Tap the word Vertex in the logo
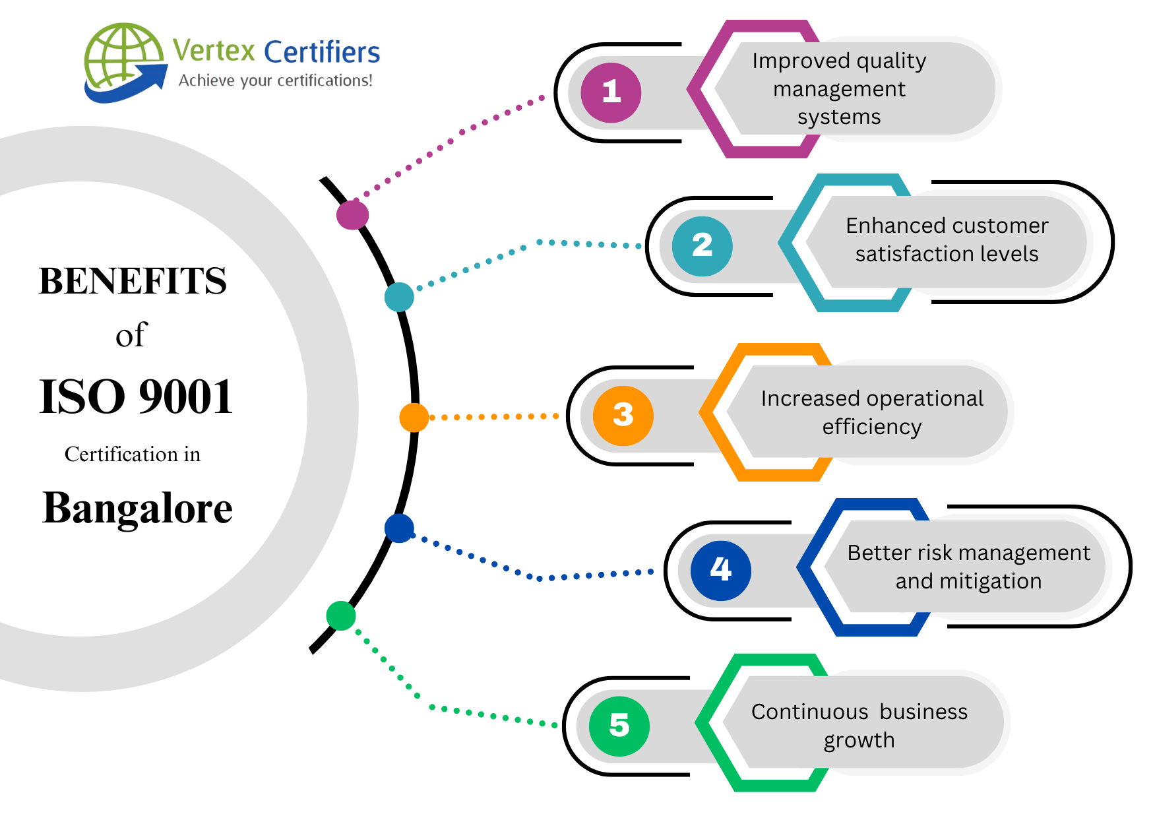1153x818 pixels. (x=214, y=51)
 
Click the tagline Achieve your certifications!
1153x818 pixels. (x=275, y=80)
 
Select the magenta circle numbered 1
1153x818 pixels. (x=611, y=92)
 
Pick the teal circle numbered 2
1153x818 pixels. (x=702, y=246)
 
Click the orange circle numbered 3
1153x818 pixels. (x=623, y=416)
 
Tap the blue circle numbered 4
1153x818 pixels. (x=720, y=570)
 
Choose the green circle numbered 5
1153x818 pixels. (x=619, y=726)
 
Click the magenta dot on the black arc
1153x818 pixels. (x=352, y=215)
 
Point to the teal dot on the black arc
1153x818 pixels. (x=399, y=297)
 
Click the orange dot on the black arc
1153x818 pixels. (x=414, y=418)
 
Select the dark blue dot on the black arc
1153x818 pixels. (x=399, y=528)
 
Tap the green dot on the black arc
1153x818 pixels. (x=341, y=615)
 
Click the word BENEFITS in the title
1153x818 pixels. (x=133, y=281)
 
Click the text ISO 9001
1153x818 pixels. (x=136, y=397)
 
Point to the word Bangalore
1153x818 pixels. (x=137, y=508)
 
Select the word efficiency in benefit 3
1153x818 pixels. (x=871, y=427)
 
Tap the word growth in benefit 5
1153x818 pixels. (x=859, y=740)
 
